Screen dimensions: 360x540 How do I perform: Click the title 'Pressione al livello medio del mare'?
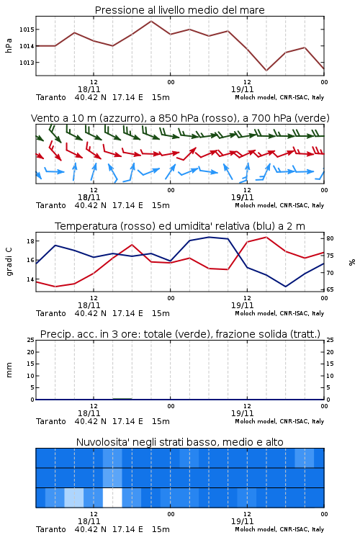[179, 10]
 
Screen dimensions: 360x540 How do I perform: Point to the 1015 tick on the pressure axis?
[27, 30]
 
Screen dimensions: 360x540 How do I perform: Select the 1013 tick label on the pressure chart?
[27, 63]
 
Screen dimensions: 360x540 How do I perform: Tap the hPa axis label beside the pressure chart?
[9, 46]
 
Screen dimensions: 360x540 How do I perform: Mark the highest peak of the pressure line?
[151, 21]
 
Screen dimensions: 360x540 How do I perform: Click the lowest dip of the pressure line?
[266, 71]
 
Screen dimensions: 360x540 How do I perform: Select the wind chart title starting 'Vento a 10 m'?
[180, 118]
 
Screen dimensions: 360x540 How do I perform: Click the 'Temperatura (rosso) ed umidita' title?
[180, 226]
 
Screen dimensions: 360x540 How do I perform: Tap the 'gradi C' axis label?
[9, 262]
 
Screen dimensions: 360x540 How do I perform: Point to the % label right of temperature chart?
[352, 262]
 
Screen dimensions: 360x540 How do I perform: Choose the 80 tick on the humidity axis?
[330, 238]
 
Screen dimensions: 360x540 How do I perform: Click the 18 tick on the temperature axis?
[31, 241]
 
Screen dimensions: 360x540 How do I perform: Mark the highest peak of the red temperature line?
[266, 237]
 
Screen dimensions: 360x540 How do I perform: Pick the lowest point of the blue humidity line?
[285, 287]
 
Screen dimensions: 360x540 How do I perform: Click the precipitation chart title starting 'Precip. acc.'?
[180, 334]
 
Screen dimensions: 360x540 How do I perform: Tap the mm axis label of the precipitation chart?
[9, 370]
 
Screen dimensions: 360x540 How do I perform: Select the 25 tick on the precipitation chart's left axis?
[31, 340]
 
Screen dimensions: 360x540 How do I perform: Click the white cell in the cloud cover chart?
[112, 498]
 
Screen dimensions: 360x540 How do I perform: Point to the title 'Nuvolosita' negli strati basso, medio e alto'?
[180, 442]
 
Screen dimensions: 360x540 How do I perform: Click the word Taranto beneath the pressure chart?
[51, 97]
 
